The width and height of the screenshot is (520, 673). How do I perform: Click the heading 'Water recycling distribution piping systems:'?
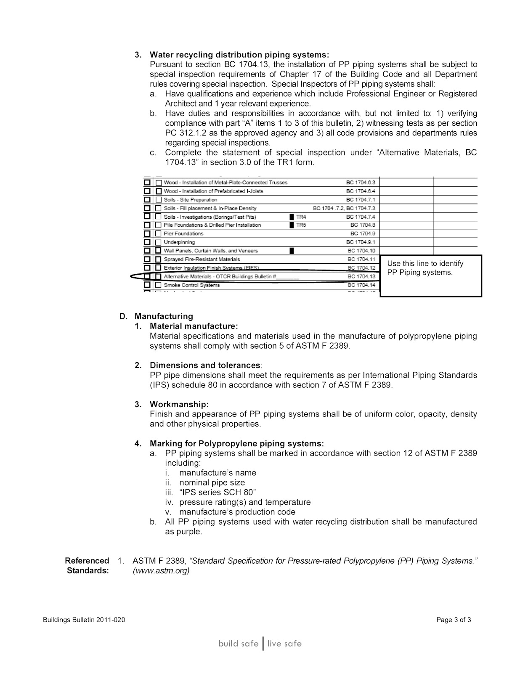click(x=239, y=55)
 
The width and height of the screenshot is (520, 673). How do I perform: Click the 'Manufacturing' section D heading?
click(x=164, y=316)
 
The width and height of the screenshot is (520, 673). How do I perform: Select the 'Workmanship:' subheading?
click(x=179, y=404)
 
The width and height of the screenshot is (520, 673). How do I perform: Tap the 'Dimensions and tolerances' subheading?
click(x=205, y=365)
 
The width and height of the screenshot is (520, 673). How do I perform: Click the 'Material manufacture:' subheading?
click(x=194, y=326)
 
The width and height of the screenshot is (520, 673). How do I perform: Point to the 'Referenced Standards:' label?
click(x=87, y=565)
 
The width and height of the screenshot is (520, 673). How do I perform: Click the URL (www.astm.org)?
click(x=161, y=571)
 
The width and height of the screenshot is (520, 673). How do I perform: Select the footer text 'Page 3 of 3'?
click(x=454, y=620)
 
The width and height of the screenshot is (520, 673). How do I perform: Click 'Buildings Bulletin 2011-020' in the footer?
click(x=84, y=620)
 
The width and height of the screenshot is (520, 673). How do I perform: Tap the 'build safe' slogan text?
click(x=238, y=644)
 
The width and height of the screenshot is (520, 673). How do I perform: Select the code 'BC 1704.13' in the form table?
click(x=361, y=276)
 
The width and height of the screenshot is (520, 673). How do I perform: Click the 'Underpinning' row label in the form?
click(x=179, y=242)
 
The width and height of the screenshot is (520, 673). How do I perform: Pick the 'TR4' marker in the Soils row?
click(x=301, y=217)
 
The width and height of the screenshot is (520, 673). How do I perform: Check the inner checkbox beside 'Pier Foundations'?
click(x=159, y=234)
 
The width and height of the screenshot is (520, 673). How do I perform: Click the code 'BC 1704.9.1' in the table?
click(x=361, y=242)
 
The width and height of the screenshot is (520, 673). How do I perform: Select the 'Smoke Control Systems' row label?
click(x=192, y=285)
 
